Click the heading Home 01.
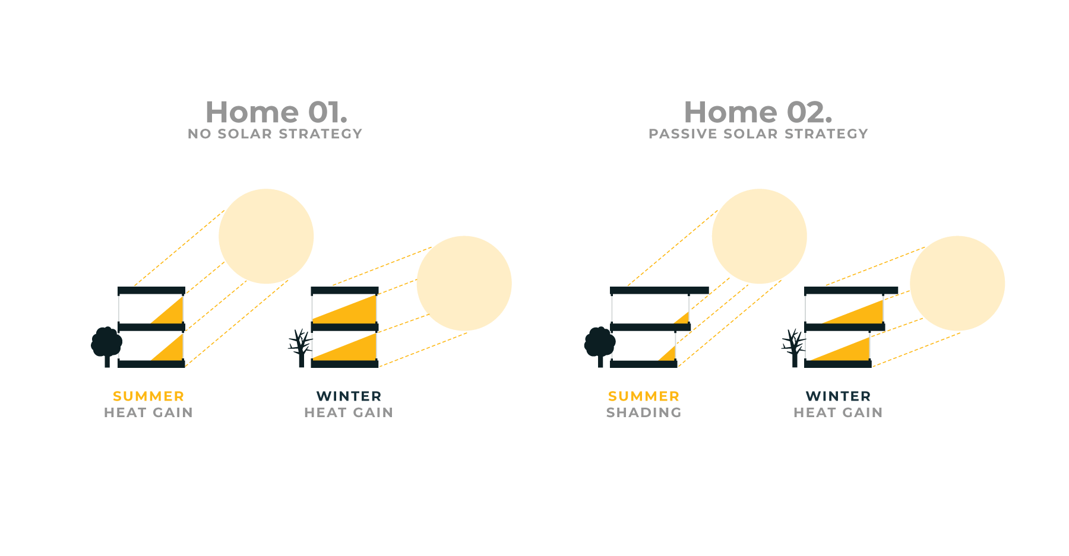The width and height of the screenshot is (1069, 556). click(276, 112)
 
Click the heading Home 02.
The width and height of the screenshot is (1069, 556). click(758, 112)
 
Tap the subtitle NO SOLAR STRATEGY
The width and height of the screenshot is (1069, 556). click(275, 134)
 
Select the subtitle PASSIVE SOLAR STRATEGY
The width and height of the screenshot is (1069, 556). click(758, 134)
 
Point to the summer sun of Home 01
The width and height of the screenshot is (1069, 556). click(266, 236)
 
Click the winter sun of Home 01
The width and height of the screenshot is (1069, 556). click(464, 283)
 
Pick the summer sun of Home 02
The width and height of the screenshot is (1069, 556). click(759, 236)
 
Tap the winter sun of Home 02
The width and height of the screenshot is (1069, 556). click(957, 283)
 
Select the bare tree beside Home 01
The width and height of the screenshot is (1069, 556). click(301, 348)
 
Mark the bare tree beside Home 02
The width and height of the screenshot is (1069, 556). click(793, 348)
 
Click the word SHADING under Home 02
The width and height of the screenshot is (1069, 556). click(644, 412)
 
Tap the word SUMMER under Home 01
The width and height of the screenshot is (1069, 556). click(148, 396)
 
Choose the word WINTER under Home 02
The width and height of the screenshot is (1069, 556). click(838, 396)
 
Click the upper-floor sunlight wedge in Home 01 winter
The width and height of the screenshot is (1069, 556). click(356, 312)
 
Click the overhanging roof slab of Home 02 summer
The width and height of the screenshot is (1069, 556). click(659, 291)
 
